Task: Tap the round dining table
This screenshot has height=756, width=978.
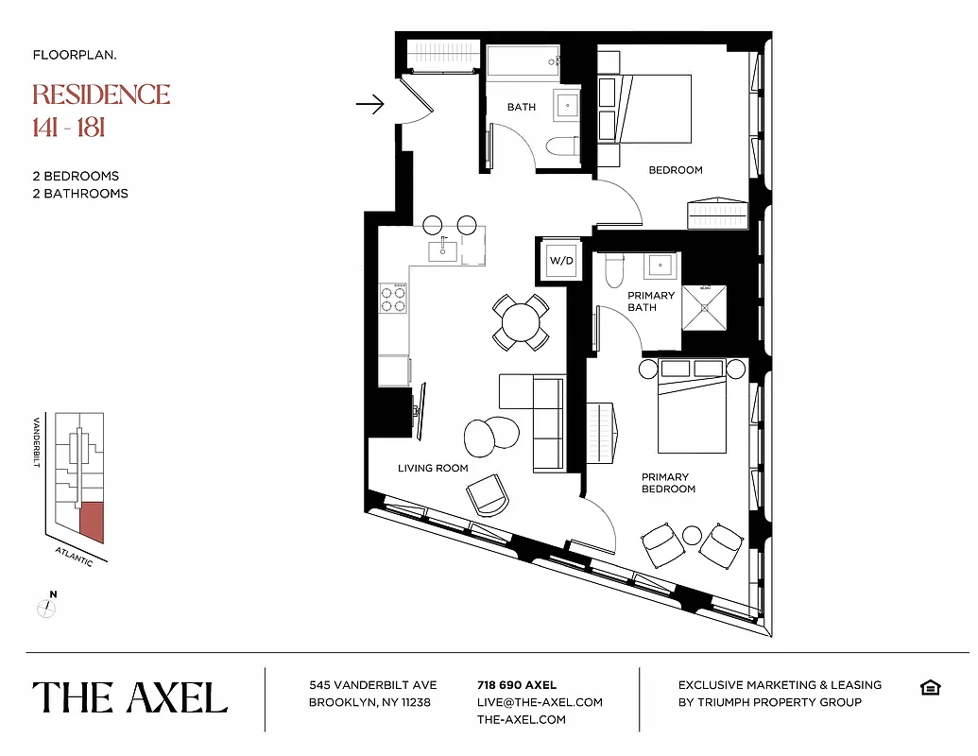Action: coord(520,321)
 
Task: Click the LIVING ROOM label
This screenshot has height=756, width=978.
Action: coord(433,468)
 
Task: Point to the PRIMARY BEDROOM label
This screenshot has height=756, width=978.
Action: coord(668,483)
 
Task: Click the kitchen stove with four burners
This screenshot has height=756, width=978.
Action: coord(393,299)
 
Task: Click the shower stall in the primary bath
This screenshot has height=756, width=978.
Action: coord(705,308)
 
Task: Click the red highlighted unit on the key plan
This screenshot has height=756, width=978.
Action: coord(92,521)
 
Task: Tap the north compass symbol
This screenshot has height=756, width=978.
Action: coord(45,607)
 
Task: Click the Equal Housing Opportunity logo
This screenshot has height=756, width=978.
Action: coord(930,687)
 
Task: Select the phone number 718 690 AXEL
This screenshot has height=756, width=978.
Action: coord(517,685)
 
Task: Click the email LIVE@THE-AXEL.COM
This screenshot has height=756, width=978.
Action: coord(540,702)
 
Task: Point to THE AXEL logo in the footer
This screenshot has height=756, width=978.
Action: coord(130,697)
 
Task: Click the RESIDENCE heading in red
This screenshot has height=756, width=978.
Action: coord(101,94)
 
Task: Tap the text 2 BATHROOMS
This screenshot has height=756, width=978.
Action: coord(80,194)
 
